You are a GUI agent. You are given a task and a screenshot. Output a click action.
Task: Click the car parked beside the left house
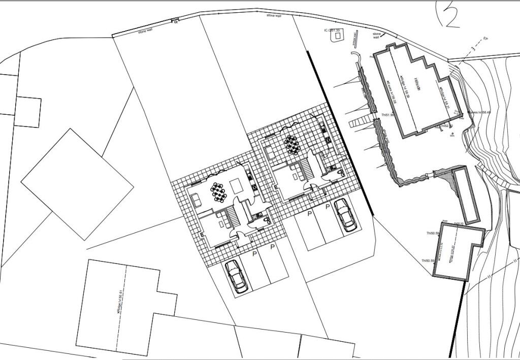236,276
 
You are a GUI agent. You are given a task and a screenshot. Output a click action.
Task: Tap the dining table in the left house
218,191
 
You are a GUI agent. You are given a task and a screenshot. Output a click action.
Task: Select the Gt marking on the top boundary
176,22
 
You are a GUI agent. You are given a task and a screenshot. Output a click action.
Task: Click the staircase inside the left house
233,217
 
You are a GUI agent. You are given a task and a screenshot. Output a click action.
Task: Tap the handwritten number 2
450,15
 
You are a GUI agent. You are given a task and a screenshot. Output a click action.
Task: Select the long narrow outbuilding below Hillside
465,195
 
